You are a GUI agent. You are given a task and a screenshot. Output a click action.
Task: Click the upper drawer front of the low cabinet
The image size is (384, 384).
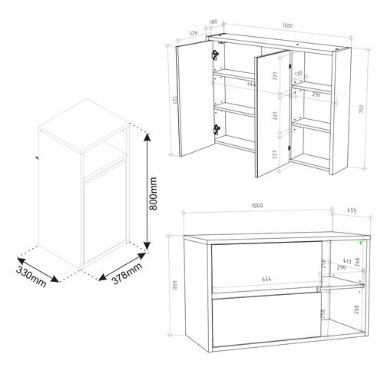tap(266, 263)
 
